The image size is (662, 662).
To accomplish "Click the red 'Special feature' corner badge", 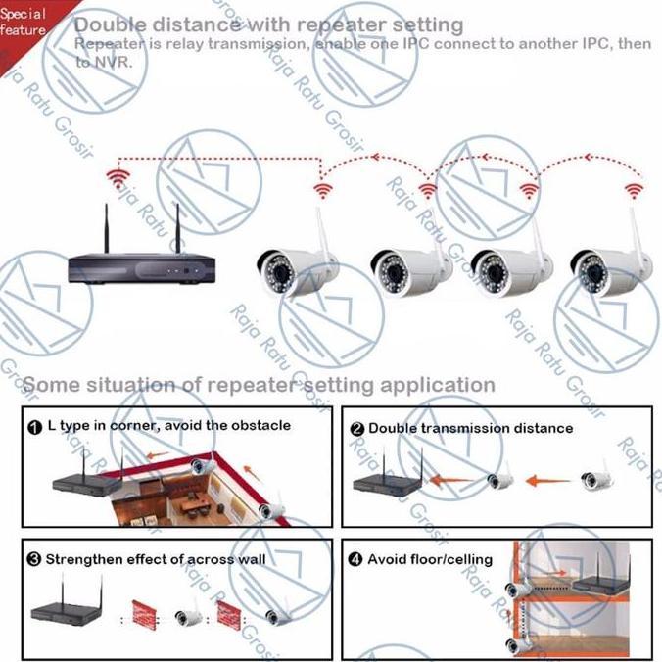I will [x=24, y=22].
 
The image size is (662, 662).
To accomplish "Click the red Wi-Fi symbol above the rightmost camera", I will [x=634, y=188].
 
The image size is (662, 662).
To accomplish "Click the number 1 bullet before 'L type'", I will [x=34, y=427].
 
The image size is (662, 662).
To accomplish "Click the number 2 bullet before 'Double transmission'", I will [x=356, y=428].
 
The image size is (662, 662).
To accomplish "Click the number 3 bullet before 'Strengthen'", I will [x=34, y=559].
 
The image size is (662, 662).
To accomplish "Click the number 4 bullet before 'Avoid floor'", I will [x=355, y=560].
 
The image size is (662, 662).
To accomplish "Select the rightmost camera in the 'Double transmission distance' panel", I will [x=597, y=479].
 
